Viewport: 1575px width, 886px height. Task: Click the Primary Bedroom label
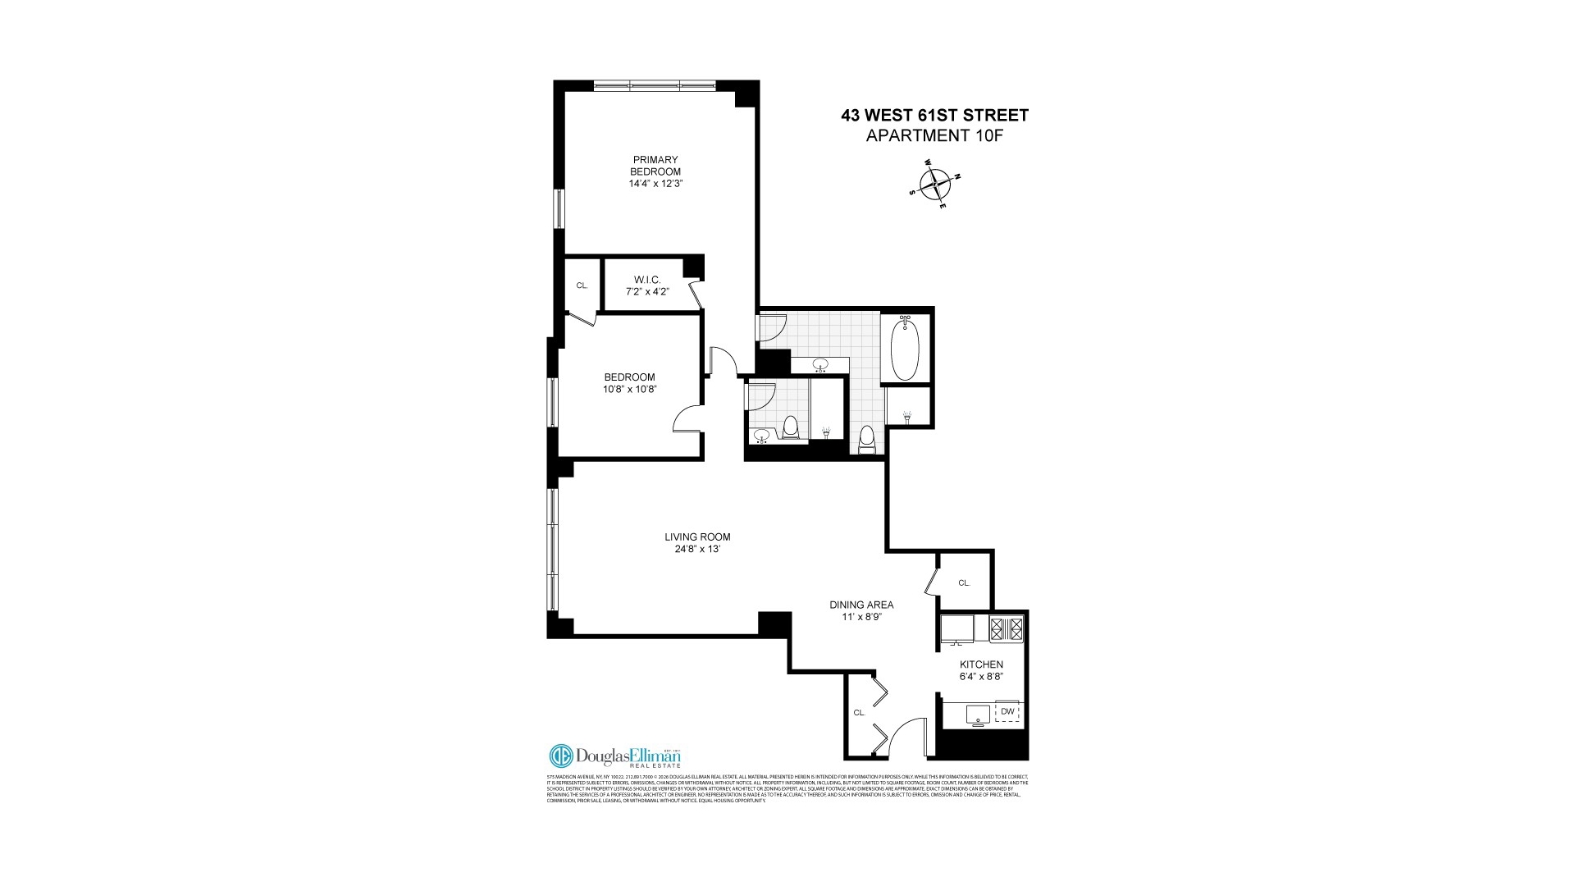pos(655,165)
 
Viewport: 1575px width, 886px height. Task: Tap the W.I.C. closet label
pos(647,280)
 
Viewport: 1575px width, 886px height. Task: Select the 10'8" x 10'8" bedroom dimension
pos(630,390)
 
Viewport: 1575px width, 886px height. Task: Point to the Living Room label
pos(697,537)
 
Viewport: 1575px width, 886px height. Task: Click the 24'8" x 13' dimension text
pos(697,550)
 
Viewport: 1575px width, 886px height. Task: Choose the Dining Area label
pos(861,605)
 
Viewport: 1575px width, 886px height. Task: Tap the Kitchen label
pos(982,664)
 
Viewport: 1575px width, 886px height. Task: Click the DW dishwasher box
pos(1007,711)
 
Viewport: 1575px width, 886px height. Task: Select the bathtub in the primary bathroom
pos(905,348)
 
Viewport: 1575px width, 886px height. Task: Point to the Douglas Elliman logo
pos(614,756)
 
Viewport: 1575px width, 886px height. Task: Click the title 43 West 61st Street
pos(934,116)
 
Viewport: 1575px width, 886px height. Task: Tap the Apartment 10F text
pos(934,136)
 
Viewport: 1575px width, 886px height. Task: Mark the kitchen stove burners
pos(1007,628)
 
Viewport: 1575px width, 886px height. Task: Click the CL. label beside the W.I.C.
pos(582,285)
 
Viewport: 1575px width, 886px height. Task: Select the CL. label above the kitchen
pos(964,583)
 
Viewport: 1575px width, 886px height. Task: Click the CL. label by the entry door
pos(859,713)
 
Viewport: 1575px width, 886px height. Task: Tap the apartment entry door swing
pos(908,737)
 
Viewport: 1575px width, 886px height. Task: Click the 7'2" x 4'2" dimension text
pos(647,291)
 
